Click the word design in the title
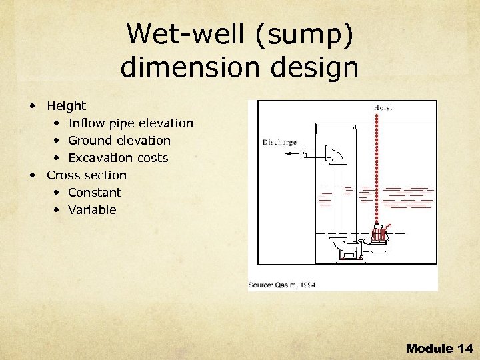[312, 67]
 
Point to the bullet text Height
[66, 105]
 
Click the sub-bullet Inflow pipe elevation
[131, 123]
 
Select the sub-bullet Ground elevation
[119, 141]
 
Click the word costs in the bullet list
[152, 158]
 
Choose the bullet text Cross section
[87, 175]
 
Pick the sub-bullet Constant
[95, 193]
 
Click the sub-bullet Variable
[92, 210]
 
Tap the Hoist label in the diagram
[385, 107]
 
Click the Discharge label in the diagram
[280, 142]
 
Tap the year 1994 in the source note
[307, 285]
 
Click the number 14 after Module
[465, 348]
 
